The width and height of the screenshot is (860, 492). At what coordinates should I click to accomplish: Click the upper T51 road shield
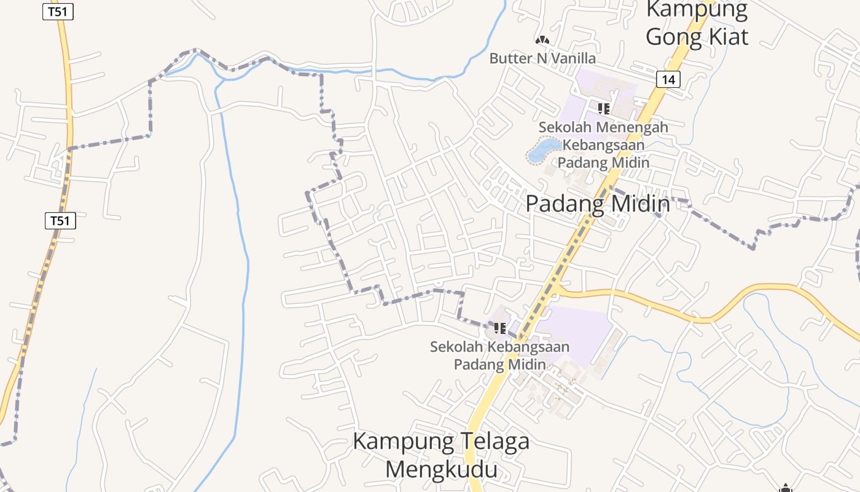[58, 12]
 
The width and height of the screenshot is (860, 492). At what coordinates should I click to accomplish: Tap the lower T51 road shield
[60, 220]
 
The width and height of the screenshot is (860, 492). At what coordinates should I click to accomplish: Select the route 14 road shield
[668, 79]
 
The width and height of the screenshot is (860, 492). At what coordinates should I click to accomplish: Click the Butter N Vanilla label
[542, 58]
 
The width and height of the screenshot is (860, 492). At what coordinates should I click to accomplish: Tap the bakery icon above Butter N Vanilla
[542, 41]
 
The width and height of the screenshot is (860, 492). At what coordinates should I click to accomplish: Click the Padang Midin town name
[597, 204]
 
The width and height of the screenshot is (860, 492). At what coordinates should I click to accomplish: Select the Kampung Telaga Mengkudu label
[441, 455]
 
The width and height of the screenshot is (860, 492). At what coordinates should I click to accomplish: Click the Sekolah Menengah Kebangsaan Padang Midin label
[603, 145]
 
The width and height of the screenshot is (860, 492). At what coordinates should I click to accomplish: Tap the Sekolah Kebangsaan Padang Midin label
[499, 355]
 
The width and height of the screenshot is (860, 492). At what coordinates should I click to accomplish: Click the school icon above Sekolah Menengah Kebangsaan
[603, 109]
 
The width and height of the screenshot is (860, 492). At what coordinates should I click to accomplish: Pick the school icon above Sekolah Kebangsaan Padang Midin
[499, 328]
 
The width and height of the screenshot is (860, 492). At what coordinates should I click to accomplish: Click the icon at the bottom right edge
[785, 489]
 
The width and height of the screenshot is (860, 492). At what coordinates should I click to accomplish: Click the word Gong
[672, 37]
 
